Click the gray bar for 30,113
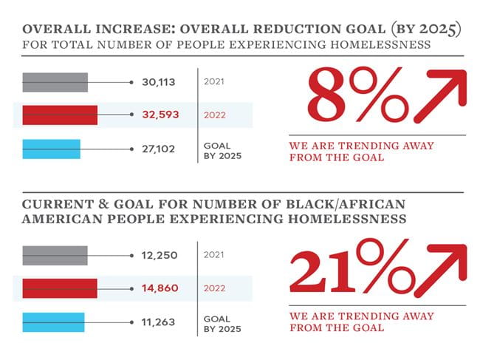click(x=55, y=82)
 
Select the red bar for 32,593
click(x=60, y=115)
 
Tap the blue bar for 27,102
click(x=51, y=149)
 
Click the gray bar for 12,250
click(x=55, y=255)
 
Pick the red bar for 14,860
click(x=60, y=288)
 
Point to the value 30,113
click(x=158, y=82)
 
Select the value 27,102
click(x=158, y=149)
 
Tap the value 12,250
click(x=158, y=255)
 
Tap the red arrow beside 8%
click(x=440, y=95)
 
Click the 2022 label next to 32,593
click(x=215, y=115)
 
